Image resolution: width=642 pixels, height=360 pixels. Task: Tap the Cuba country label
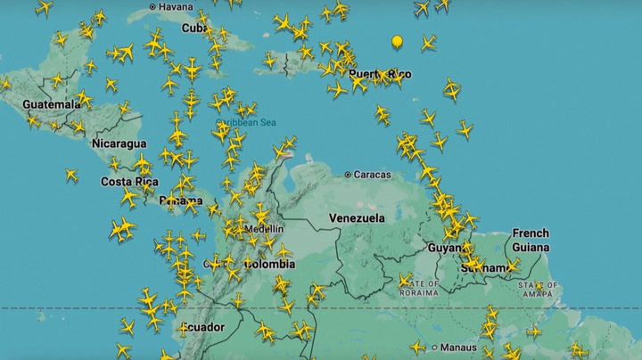coord(194,28)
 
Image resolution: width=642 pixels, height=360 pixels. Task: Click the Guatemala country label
coord(52,104)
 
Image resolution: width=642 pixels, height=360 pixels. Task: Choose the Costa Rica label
coord(129,182)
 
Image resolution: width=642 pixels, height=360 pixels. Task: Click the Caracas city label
coord(372,175)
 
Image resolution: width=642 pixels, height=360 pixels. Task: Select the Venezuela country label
coord(357,217)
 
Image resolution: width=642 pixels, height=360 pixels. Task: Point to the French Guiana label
coord(531,241)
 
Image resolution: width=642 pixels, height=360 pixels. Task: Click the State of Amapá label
coord(538,287)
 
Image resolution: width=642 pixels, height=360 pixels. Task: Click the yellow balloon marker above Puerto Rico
coord(398,41)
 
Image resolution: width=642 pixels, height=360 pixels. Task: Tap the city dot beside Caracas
coord(348,175)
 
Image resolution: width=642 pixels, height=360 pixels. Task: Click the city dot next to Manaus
coord(436,347)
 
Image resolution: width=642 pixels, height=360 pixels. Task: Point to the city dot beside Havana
coord(152,7)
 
